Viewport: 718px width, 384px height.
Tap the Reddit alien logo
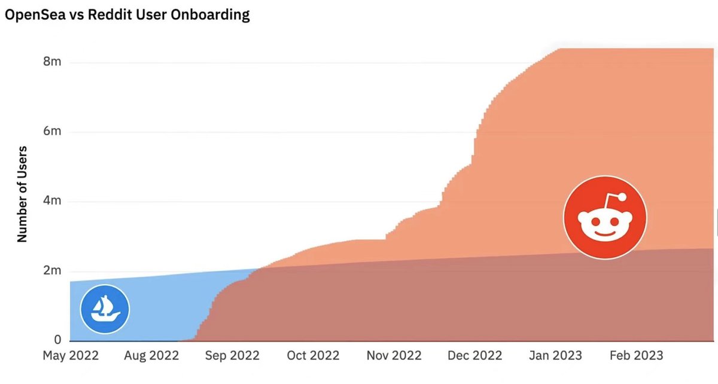pyautogui.click(x=605, y=218)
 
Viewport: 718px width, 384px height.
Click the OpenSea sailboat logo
pyautogui.click(x=105, y=309)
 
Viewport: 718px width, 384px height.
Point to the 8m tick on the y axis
pyautogui.click(x=52, y=62)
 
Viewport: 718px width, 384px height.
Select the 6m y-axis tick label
pyautogui.click(x=52, y=132)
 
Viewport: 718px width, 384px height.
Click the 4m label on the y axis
pyautogui.click(x=52, y=201)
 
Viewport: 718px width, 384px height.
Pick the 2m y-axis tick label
pyautogui.click(x=52, y=270)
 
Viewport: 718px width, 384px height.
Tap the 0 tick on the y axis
pyautogui.click(x=57, y=340)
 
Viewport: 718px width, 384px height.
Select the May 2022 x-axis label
pyautogui.click(x=71, y=355)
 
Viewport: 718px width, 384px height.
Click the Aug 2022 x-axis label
pyautogui.click(x=151, y=355)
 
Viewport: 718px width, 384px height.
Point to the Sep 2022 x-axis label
pyautogui.click(x=232, y=355)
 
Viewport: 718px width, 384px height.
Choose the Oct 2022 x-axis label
pyautogui.click(x=313, y=355)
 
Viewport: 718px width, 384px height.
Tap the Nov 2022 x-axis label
pyautogui.click(x=394, y=355)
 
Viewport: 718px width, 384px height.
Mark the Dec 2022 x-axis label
pyautogui.click(x=474, y=355)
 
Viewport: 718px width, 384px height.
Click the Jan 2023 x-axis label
pyautogui.click(x=555, y=355)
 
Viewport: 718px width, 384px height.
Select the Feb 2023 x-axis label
pyautogui.click(x=635, y=355)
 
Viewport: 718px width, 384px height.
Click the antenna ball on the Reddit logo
pyautogui.click(x=622, y=197)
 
